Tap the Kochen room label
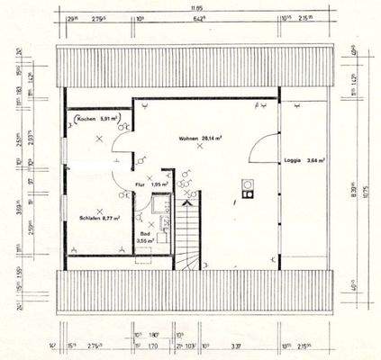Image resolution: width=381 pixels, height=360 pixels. [87, 119]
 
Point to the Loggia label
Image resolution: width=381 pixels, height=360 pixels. [292, 162]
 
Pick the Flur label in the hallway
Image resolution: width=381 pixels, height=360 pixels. [140, 184]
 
